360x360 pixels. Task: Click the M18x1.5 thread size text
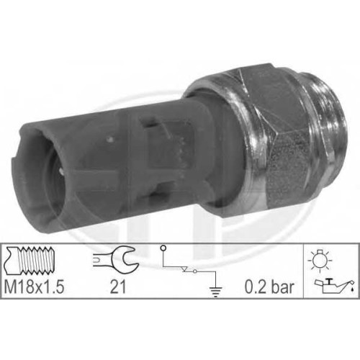click(x=34, y=287)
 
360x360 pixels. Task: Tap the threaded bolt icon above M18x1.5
click(x=30, y=261)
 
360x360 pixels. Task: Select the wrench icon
click(x=116, y=259)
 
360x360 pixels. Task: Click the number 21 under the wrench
click(x=117, y=287)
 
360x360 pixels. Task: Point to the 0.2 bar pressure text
click(x=269, y=287)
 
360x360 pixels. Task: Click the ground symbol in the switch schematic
click(x=216, y=291)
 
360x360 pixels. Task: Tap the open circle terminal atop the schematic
click(x=163, y=248)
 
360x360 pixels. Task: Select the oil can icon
click(x=334, y=286)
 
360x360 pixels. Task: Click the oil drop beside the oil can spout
click(x=352, y=289)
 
